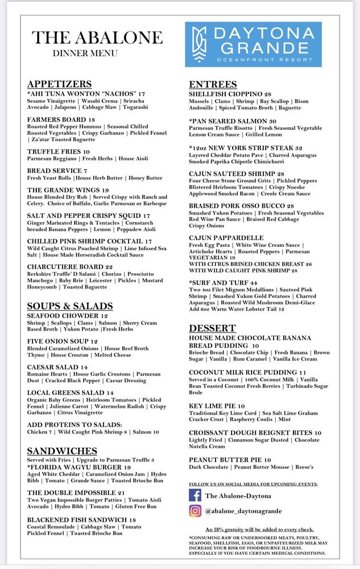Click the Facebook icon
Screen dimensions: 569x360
[x=196, y=496]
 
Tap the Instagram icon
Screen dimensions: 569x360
[x=196, y=511]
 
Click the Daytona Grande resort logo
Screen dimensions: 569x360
[x=253, y=44]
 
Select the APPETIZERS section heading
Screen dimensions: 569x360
[x=59, y=84]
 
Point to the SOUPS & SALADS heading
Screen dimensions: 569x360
[x=70, y=306]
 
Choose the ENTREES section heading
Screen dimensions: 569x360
[x=213, y=84]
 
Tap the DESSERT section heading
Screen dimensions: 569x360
[x=212, y=328]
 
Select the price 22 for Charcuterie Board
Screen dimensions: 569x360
[x=109, y=266]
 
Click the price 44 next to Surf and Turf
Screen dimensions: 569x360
[x=253, y=283]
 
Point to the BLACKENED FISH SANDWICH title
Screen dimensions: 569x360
[x=77, y=519]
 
